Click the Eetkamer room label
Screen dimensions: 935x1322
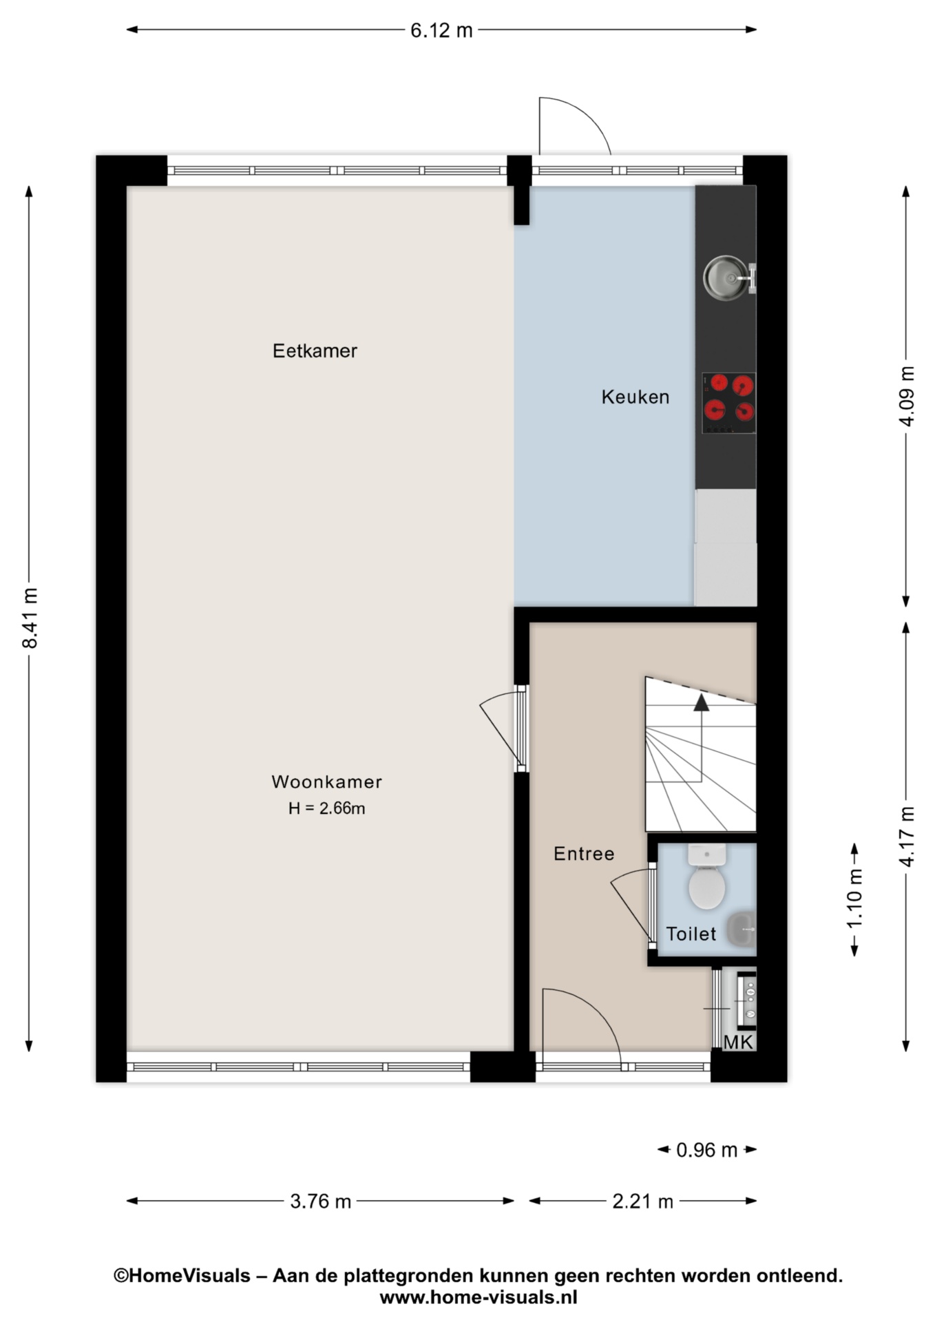[x=315, y=351]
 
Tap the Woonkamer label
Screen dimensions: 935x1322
[x=326, y=781]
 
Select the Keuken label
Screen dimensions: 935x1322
[x=635, y=397]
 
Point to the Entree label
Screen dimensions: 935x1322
[x=584, y=854]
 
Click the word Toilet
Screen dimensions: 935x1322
[x=691, y=934]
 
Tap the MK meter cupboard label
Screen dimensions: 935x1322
[x=738, y=1042]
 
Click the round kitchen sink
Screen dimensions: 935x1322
[x=725, y=278]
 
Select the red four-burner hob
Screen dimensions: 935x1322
[x=728, y=403]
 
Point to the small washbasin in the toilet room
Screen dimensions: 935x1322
[x=742, y=929]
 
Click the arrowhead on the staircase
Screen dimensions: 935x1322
[x=701, y=702]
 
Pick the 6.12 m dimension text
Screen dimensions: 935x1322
[x=441, y=30]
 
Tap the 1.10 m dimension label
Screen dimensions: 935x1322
[x=854, y=899]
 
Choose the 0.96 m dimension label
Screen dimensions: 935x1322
[x=706, y=1150]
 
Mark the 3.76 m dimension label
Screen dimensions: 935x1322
[x=320, y=1202]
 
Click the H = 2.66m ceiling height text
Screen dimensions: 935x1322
[x=326, y=808]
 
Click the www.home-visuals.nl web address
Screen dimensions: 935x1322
[x=479, y=1298]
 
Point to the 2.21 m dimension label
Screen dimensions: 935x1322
[x=642, y=1202]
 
